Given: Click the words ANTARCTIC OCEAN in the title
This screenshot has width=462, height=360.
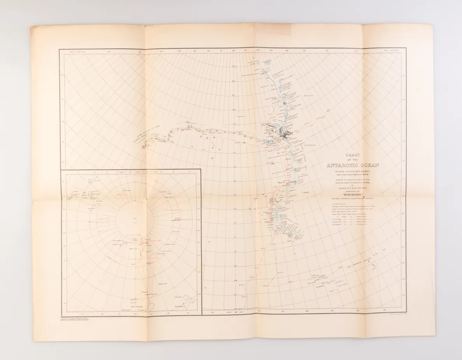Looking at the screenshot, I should (353, 165).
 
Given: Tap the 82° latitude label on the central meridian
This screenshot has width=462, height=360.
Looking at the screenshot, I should (234, 82).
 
